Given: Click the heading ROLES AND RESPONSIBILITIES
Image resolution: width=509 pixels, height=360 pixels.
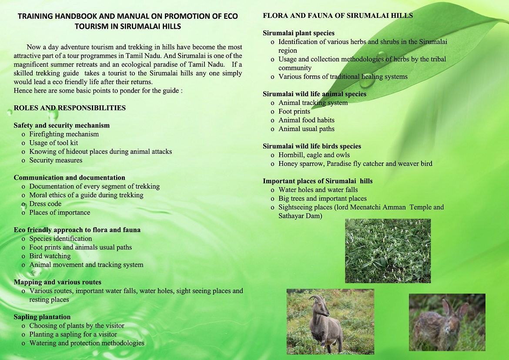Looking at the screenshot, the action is [x=70, y=108].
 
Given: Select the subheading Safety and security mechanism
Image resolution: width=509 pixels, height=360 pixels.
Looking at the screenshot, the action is [x=62, y=125].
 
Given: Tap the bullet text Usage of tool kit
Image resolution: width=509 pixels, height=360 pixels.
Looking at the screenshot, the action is [x=54, y=143].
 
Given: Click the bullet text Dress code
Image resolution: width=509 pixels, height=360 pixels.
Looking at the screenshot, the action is [x=45, y=204].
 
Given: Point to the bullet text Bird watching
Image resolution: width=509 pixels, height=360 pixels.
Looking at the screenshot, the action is [x=50, y=256].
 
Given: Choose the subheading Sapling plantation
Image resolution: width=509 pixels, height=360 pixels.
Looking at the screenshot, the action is [x=42, y=317].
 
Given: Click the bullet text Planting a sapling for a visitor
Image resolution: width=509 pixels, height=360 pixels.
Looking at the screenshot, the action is [x=73, y=334].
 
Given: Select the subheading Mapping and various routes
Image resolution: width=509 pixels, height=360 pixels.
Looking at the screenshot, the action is [x=57, y=283].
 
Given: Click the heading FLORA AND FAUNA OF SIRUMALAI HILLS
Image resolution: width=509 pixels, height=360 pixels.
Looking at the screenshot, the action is [x=338, y=16].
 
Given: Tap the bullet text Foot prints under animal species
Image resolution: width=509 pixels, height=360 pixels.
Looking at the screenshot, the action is [x=294, y=111].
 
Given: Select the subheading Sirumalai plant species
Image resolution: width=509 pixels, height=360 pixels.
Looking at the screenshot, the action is [x=298, y=33].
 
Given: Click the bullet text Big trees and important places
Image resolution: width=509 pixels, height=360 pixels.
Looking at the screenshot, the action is [x=323, y=199].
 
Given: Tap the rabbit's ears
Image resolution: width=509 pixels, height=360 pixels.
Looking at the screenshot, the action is [x=455, y=309].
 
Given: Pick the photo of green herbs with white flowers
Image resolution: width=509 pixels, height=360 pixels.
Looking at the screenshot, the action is [x=388, y=251].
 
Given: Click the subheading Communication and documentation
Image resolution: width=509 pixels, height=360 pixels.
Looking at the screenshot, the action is [x=70, y=178].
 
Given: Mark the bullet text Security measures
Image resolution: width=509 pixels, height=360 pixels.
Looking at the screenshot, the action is [x=56, y=160].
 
